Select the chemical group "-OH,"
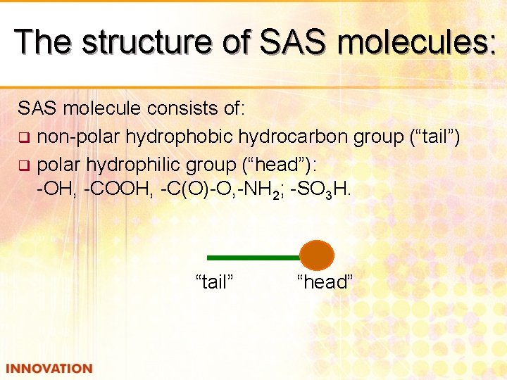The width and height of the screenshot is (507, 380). [x=57, y=191]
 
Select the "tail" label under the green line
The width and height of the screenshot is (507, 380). [x=214, y=282]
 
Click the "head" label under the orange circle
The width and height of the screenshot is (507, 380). [x=325, y=282]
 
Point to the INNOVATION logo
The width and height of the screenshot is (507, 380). [x=49, y=369]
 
